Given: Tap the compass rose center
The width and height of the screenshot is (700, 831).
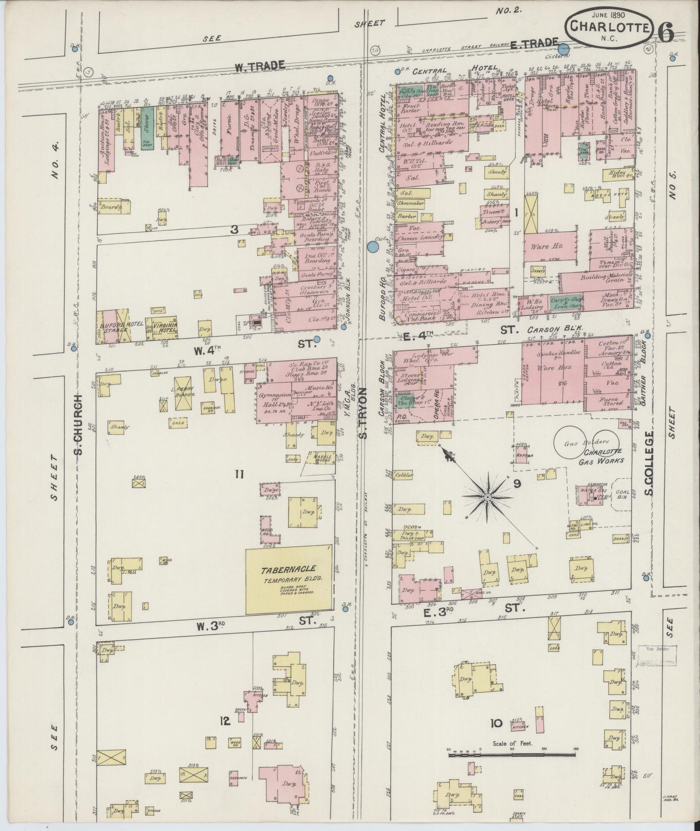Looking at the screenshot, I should [488, 497].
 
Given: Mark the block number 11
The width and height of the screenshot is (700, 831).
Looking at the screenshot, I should [238, 475].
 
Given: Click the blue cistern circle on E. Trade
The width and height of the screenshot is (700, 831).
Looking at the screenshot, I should [563, 48].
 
